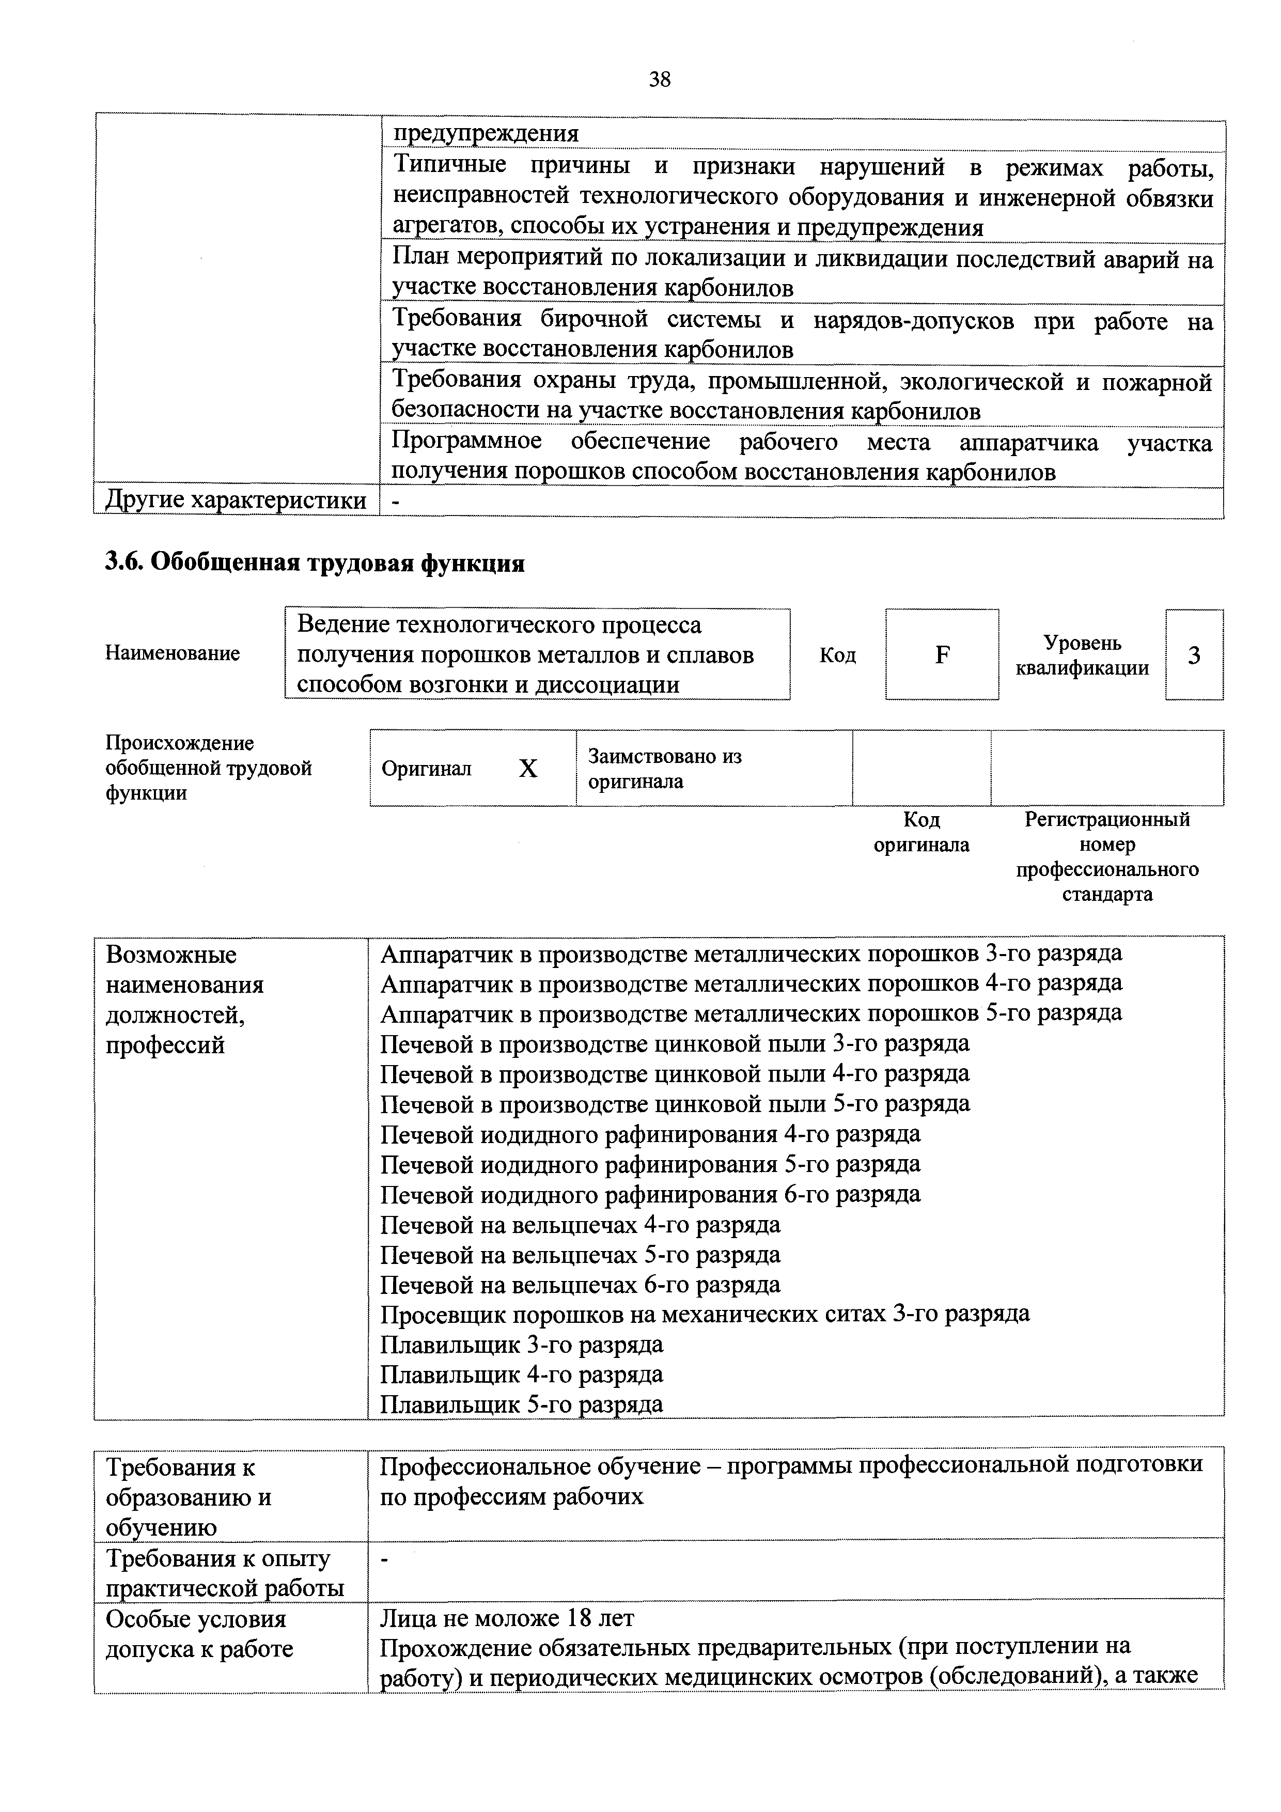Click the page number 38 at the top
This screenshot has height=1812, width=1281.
[659, 79]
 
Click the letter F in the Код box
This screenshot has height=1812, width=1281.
[942, 655]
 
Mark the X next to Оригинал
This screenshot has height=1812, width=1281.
[527, 769]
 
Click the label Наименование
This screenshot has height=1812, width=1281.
[172, 653]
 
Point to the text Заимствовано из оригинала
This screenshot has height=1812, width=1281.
[665, 769]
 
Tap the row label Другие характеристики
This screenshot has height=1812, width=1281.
[235, 501]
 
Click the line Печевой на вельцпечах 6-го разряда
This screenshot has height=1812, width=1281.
[580, 1284]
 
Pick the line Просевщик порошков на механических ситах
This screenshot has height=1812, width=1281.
[704, 1314]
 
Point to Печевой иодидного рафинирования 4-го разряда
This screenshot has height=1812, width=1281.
[650, 1134]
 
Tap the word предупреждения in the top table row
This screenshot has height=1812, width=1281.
[486, 133]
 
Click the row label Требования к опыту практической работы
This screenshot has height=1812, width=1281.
[225, 1573]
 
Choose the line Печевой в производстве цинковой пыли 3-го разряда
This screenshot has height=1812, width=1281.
[674, 1043]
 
